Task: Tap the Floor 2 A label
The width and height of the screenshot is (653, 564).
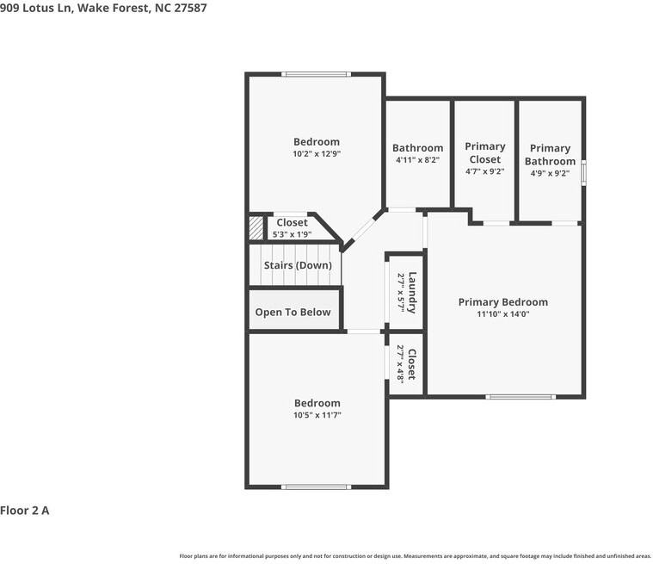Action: click(x=25, y=511)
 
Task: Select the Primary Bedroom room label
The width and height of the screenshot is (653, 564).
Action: click(x=502, y=302)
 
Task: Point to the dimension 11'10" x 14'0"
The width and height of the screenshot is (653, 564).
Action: click(x=502, y=314)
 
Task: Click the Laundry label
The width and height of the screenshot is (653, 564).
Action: click(x=412, y=292)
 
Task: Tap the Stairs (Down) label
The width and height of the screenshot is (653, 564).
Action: click(x=297, y=265)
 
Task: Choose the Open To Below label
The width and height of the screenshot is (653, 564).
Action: click(x=293, y=312)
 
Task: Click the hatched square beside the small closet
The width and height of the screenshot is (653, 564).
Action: click(x=256, y=228)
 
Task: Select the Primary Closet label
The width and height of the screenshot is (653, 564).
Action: click(x=484, y=152)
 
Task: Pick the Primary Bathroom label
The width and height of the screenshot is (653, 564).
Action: click(x=550, y=155)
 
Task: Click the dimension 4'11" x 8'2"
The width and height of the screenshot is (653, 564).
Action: click(x=417, y=160)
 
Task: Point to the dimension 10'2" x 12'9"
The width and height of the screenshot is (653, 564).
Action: click(x=316, y=154)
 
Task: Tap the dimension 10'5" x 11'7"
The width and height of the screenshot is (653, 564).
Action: click(x=317, y=415)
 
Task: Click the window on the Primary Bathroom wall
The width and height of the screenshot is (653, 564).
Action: click(x=583, y=171)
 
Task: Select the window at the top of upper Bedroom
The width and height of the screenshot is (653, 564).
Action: click(x=316, y=74)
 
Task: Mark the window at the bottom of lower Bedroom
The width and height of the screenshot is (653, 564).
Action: click(x=316, y=487)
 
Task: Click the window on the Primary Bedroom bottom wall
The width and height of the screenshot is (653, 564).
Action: click(x=521, y=396)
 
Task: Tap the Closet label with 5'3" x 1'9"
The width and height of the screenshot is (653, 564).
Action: click(x=292, y=223)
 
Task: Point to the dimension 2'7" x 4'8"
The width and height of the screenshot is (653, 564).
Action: click(x=399, y=364)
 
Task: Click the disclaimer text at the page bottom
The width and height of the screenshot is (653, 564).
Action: click(x=415, y=555)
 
